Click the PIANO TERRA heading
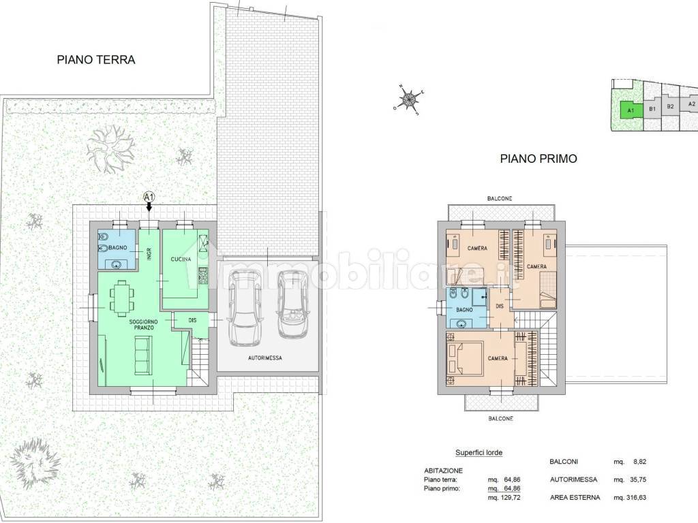[95, 60]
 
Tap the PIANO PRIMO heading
[538, 158]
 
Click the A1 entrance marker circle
[149, 196]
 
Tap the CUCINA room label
[181, 259]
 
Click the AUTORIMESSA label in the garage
[265, 358]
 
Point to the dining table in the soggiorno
[121, 298]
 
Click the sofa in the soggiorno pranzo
[143, 354]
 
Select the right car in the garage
[292, 304]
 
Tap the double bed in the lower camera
[465, 358]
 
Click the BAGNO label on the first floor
[464, 310]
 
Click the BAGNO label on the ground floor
[118, 248]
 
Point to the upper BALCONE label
[500, 198]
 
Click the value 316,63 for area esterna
[636, 498]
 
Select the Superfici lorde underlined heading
[479, 453]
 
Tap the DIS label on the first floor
[500, 306]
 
